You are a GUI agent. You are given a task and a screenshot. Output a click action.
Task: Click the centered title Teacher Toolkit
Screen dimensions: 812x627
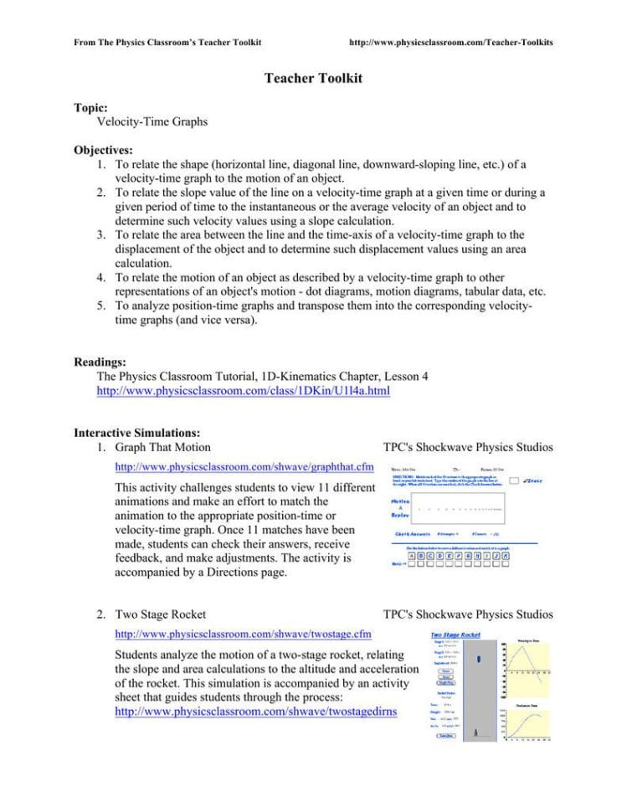(x=313, y=78)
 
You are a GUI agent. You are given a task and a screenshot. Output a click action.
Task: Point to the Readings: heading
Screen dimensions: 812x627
(x=100, y=362)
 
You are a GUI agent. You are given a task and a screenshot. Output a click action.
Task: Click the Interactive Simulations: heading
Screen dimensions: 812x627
(x=137, y=433)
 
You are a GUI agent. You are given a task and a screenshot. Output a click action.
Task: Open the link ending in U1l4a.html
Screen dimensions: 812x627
(x=244, y=391)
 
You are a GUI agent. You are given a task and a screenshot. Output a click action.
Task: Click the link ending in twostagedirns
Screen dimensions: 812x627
(x=255, y=711)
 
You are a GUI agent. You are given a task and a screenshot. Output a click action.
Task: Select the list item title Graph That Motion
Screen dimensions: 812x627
(x=162, y=447)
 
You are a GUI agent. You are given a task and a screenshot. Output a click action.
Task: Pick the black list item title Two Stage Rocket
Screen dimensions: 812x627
(x=161, y=614)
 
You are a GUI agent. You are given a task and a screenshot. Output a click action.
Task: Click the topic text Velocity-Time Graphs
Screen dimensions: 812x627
(x=152, y=121)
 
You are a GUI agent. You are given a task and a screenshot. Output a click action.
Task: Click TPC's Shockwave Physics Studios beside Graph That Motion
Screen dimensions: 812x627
(x=467, y=447)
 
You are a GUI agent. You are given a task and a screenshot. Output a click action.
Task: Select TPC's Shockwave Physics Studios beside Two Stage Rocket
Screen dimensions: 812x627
(x=467, y=614)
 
